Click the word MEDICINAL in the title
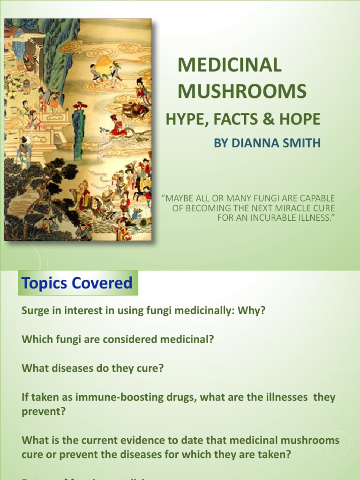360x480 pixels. point(229,65)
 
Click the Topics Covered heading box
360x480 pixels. point(78,283)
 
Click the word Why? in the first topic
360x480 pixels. point(254,311)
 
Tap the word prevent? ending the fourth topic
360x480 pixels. point(44,412)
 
